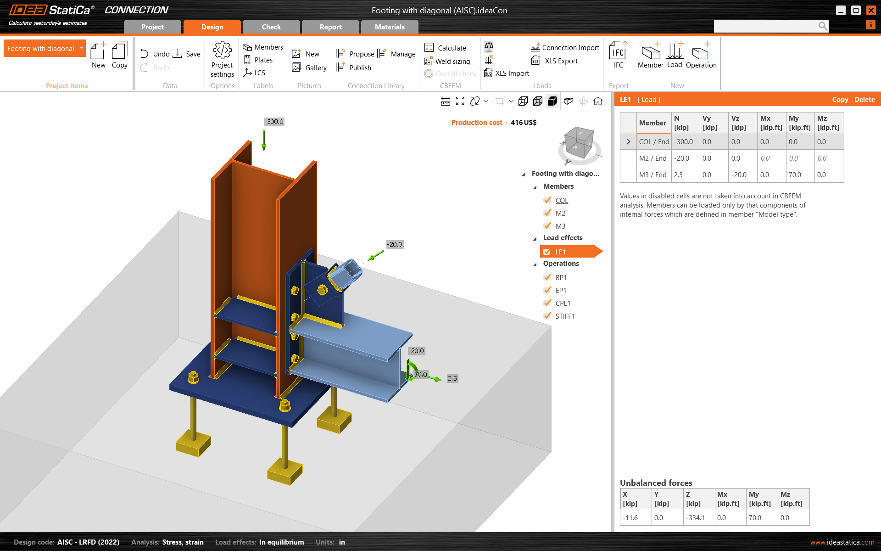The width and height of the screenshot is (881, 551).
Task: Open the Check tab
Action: pos(271,27)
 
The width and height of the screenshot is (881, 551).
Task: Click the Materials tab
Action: pos(389,27)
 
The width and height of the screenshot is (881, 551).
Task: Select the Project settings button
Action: pos(222,59)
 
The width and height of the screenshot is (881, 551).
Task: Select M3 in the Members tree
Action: pos(560,226)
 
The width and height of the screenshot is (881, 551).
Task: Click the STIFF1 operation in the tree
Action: pos(565,316)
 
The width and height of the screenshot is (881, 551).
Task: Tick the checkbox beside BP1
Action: pos(547,277)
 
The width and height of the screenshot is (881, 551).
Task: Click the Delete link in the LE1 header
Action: pos(864,100)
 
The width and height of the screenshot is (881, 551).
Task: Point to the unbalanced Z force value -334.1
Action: pos(696,518)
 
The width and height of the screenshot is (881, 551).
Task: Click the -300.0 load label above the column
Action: pos(274,122)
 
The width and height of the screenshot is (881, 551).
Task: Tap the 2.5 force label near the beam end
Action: pos(452,378)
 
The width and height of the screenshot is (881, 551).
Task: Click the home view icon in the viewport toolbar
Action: pos(598,101)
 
